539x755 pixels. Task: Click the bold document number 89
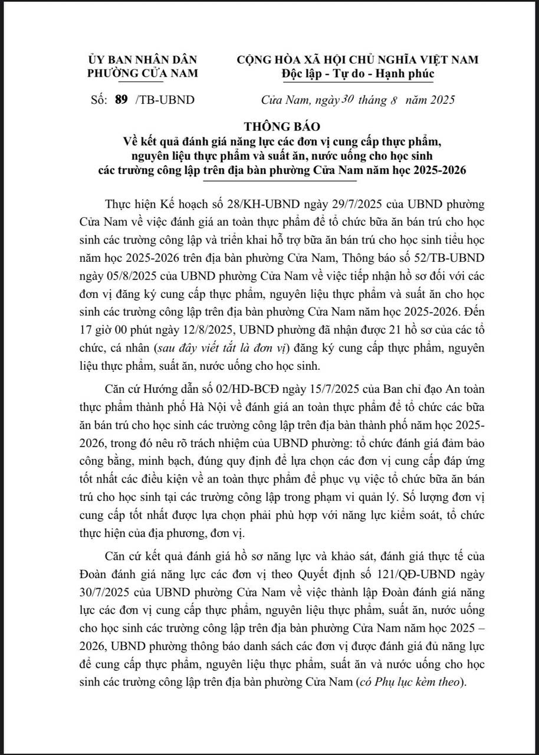click(121, 100)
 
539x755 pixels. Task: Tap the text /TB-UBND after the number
click(165, 100)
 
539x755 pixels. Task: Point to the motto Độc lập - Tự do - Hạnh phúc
click(357, 73)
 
